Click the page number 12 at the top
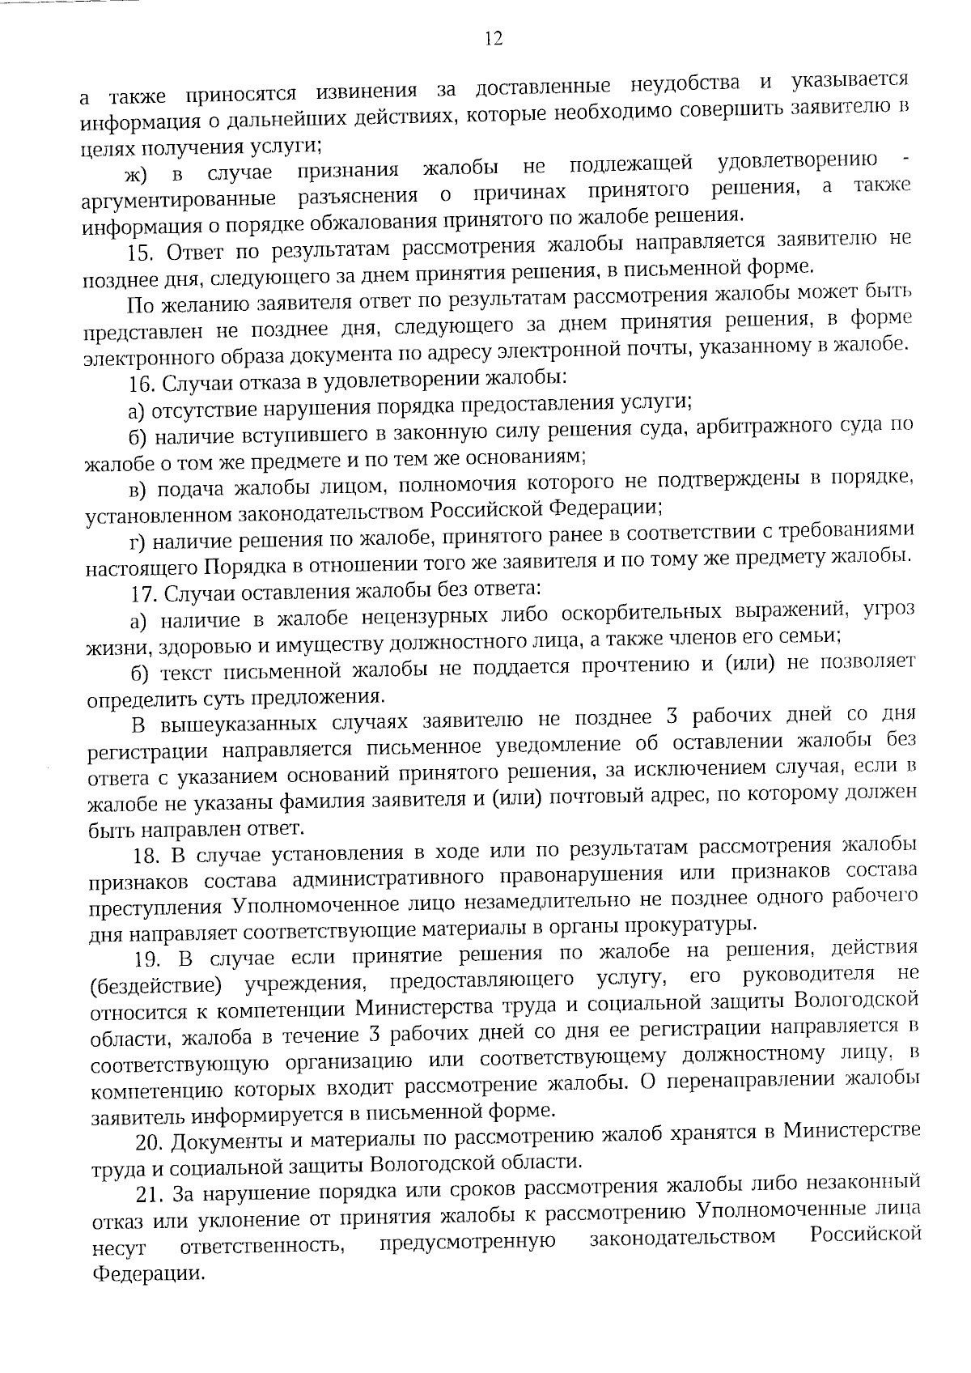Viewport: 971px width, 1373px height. [x=493, y=39]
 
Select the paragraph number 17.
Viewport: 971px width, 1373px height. [x=145, y=594]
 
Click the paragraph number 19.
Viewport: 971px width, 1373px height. [x=150, y=960]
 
